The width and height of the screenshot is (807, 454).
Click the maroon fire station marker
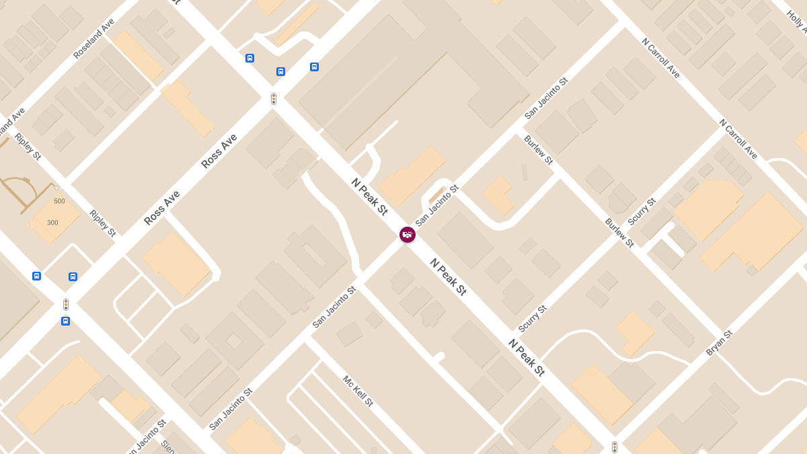(x=408, y=235)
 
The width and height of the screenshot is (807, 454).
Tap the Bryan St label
(x=719, y=343)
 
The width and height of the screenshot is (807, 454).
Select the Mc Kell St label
(x=358, y=391)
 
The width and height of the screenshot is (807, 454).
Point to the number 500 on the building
(x=59, y=201)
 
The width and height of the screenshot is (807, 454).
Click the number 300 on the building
(x=52, y=223)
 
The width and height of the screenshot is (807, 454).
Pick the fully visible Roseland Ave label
(x=94, y=38)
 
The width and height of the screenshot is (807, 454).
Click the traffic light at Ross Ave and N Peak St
(x=274, y=99)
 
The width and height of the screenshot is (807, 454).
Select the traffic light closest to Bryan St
(x=614, y=447)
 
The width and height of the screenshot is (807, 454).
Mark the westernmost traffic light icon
(x=66, y=304)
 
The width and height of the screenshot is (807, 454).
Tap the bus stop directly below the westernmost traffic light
(x=65, y=321)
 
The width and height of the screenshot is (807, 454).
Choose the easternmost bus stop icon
(x=314, y=67)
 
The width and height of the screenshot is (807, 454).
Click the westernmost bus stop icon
(x=36, y=276)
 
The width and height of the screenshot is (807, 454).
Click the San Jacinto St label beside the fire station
(x=436, y=205)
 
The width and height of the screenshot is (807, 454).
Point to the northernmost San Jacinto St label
(x=546, y=98)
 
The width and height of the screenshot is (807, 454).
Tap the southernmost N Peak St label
(x=526, y=357)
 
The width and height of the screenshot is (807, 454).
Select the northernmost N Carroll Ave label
(x=660, y=58)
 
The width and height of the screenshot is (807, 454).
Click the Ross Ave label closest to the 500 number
(x=162, y=207)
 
